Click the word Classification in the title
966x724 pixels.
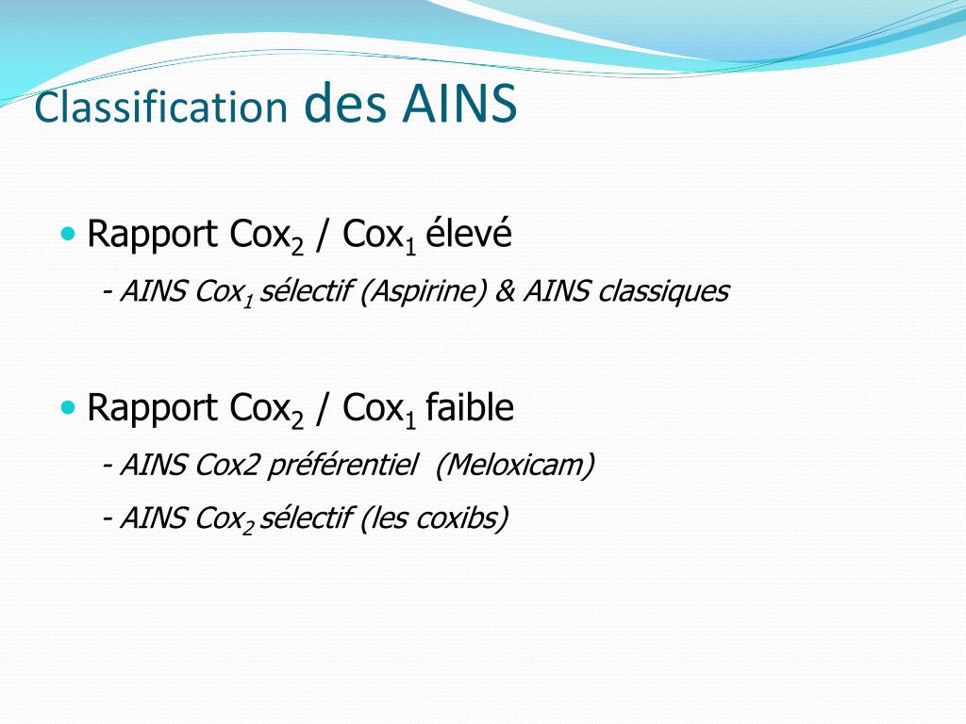[160, 107]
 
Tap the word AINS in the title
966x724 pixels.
[459, 104]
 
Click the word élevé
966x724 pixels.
[469, 234]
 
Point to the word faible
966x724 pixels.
[470, 407]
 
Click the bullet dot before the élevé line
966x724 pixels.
[67, 233]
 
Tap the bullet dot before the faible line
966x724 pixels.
[67, 406]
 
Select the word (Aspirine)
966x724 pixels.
[423, 292]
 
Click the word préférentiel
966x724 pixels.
[342, 465]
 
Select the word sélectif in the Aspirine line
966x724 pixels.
[305, 292]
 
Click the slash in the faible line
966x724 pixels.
[323, 408]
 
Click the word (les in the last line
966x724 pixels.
[380, 518]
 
